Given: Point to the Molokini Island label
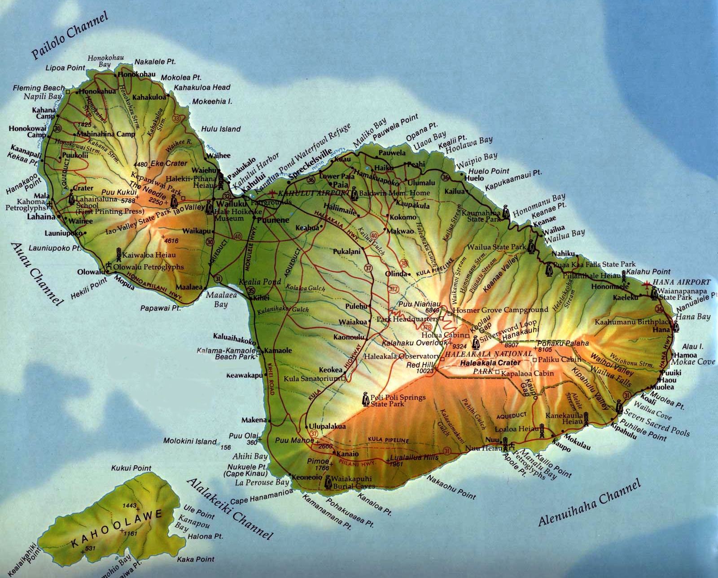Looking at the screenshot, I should [190, 441].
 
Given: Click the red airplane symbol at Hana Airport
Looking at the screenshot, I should [647, 284].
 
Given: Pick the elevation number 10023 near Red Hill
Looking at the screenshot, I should [425, 371].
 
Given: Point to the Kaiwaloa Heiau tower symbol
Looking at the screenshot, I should [119, 254].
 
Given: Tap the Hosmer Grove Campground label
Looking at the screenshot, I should [500, 309].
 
